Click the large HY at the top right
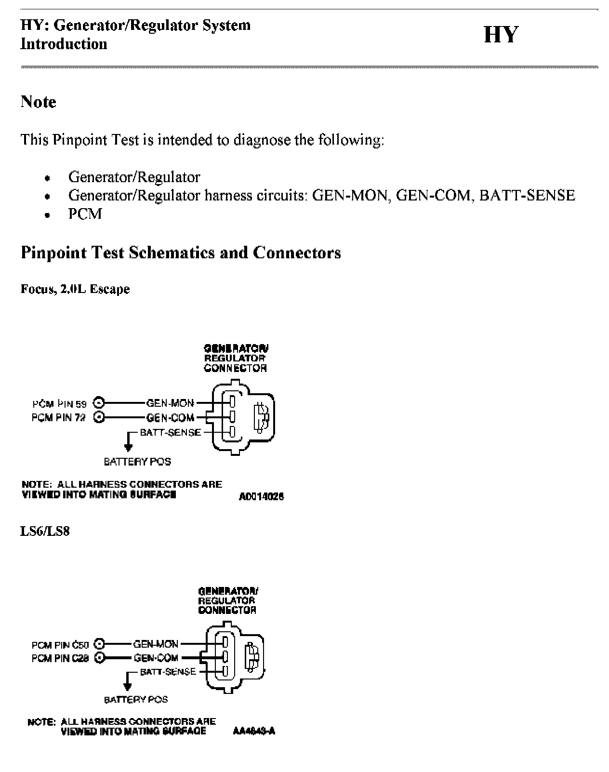tap(501, 35)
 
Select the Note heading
tap(38, 102)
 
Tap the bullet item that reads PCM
tap(85, 213)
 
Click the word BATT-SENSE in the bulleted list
tap(527, 195)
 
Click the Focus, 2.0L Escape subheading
tap(75, 289)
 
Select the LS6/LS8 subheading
tap(45, 531)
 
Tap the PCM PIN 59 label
tap(59, 404)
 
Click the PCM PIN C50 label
tap(60, 645)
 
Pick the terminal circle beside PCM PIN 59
tap(99, 403)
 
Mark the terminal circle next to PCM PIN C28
tap(100, 657)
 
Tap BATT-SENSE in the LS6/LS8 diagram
tap(168, 671)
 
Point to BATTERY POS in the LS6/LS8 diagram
tap(136, 699)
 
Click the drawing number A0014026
tap(261, 496)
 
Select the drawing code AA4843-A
tap(253, 731)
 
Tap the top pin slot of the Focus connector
tap(232, 401)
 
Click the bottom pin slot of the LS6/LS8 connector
tap(225, 670)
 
